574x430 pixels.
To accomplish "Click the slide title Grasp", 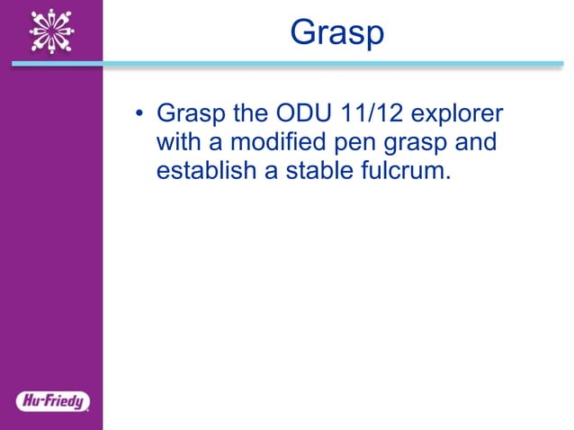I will coord(336,32).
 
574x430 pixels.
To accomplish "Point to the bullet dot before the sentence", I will coord(139,115).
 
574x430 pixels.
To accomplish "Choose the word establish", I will coord(205,171).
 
